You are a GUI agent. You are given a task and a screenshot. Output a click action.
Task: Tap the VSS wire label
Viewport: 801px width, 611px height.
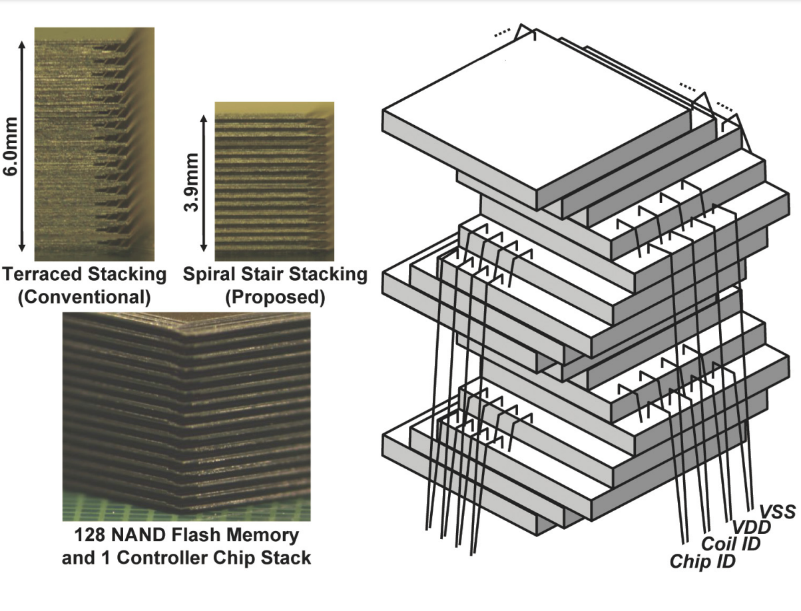777,512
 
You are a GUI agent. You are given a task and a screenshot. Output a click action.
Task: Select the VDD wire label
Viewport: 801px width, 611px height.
751,528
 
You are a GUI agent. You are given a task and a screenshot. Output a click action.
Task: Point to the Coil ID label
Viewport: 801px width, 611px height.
731,544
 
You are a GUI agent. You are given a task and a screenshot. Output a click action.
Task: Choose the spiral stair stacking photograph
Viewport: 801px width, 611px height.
274,180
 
